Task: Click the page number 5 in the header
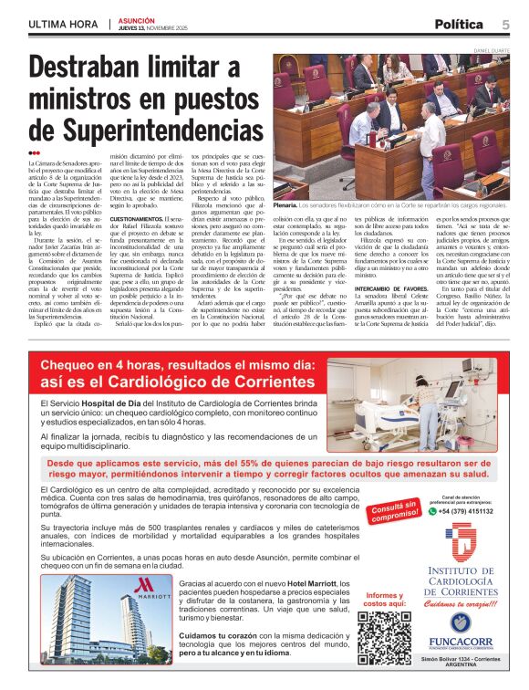point(506,24)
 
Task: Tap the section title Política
point(461,24)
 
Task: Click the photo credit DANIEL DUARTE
point(490,48)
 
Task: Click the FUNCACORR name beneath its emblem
point(461,643)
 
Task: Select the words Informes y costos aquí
point(383,600)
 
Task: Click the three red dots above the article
point(35,152)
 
